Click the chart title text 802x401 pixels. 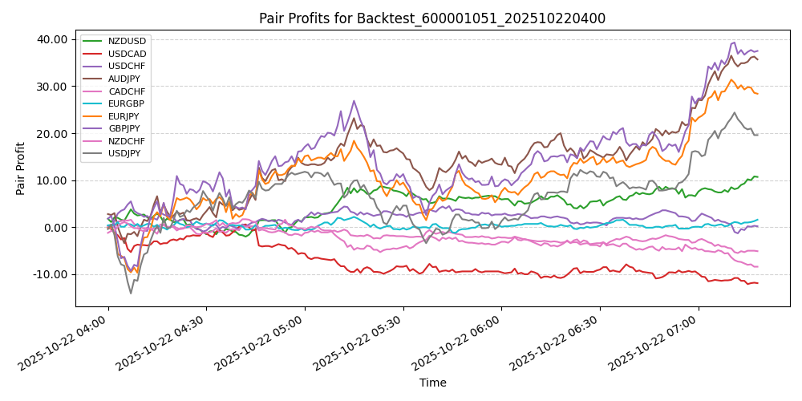coord(432,18)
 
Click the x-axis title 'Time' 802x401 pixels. coord(432,383)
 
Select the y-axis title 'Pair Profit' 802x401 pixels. coord(22,168)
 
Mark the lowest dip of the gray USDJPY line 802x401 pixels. coord(131,294)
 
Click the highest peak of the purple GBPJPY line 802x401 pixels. coord(734,43)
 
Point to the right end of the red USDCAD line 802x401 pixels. coord(757,283)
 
